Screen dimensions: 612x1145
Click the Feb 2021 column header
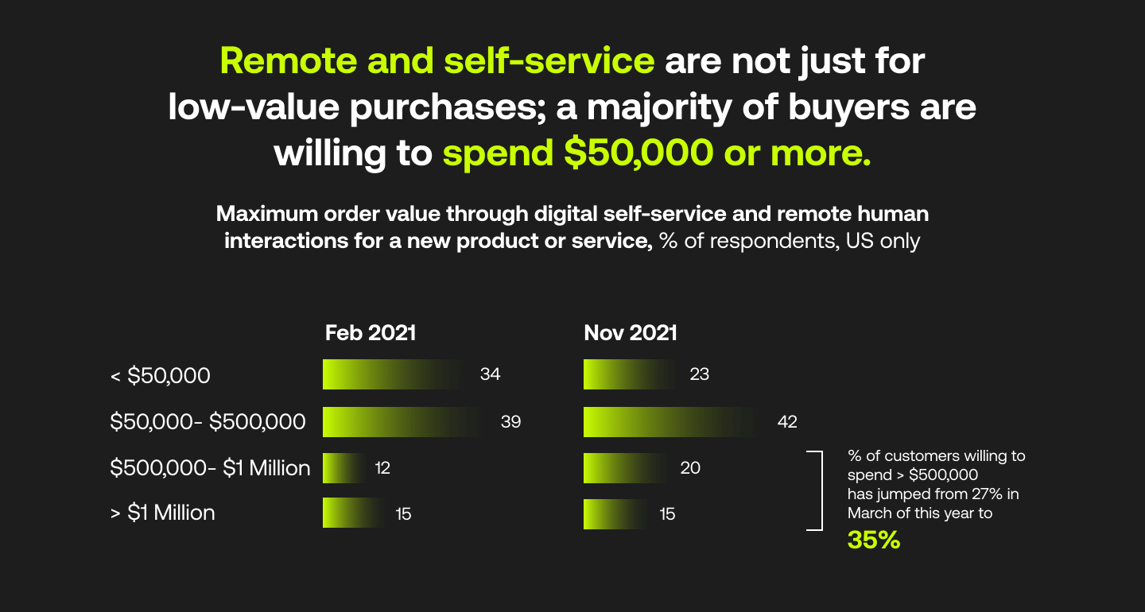371,333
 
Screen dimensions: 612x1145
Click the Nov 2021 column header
631,333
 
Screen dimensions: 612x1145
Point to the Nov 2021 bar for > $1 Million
613,513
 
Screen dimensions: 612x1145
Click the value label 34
491,374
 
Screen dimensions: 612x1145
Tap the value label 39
510,421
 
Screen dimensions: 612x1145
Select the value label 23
700,374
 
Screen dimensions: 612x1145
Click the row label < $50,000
160,375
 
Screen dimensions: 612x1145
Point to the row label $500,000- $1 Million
210,468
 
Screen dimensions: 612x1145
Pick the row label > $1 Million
162,513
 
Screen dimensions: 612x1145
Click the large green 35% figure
874,540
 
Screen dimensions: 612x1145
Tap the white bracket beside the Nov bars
817,490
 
